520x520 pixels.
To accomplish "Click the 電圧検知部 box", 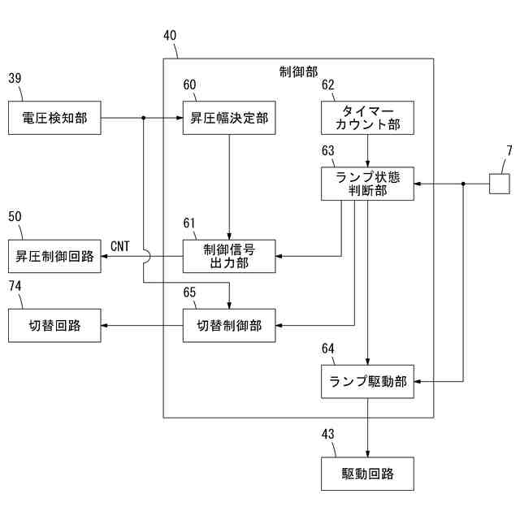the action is tap(54, 118).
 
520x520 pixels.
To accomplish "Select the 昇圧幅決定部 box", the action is tap(229, 118).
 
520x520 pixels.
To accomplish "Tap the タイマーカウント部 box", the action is tap(367, 118).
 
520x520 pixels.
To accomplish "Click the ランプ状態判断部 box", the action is tap(367, 184).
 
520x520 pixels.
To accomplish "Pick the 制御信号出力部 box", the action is tap(229, 257).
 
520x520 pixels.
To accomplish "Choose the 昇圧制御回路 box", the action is tap(54, 257).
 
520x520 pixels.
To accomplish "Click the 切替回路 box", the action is tap(54, 326).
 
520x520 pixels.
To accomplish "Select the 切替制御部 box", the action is tap(229, 326).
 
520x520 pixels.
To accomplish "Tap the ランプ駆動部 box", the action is tap(367, 381).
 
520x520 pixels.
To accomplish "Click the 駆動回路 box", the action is tap(367, 474).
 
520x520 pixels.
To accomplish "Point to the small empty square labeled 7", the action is tap(500, 184).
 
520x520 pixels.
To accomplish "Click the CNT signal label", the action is tap(120, 246).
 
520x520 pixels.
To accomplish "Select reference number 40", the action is tap(170, 36).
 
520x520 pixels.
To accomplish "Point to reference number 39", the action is tap(15, 78).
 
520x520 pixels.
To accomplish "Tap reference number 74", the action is tap(15, 286).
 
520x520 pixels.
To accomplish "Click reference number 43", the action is tap(328, 434).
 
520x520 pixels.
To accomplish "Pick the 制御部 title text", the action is tap(298, 72).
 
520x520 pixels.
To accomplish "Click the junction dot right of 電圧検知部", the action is tap(144, 118).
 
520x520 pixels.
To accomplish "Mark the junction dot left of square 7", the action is tap(463, 184).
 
